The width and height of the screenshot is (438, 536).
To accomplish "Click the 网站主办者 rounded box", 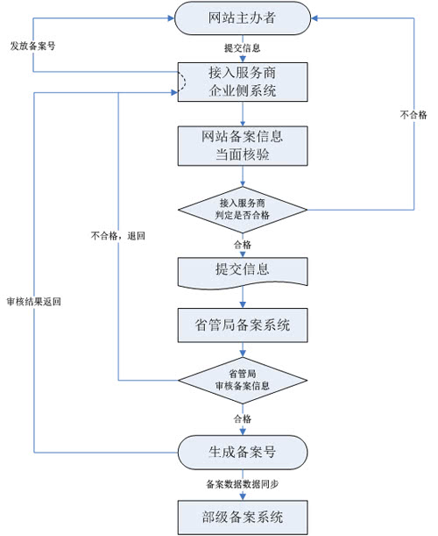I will tap(242, 19).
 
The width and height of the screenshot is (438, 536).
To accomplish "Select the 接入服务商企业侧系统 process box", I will tap(242, 82).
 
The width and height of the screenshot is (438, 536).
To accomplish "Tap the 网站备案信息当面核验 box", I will tap(242, 146).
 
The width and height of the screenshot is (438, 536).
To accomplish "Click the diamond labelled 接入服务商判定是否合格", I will tap(242, 209).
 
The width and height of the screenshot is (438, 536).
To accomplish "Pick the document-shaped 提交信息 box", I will tap(242, 270).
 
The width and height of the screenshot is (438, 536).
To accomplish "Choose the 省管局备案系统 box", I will tap(242, 325).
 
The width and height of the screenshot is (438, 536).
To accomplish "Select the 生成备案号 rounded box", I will tap(242, 453).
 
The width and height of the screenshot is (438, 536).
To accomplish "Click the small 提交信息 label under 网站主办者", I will tap(242, 48).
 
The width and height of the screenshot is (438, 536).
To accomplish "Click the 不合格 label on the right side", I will tap(413, 114).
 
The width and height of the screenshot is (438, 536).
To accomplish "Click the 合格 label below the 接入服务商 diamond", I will tap(242, 244).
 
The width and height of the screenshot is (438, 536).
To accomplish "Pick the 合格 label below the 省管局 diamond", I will tap(242, 418).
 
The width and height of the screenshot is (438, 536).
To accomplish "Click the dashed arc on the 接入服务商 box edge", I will tap(183, 82).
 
